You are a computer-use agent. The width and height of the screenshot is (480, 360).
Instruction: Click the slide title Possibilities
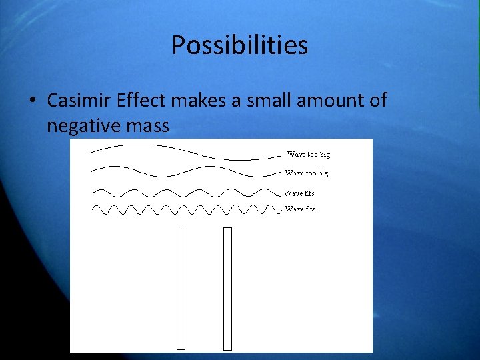click(x=239, y=45)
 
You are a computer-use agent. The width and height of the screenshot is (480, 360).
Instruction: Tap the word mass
click(x=151, y=125)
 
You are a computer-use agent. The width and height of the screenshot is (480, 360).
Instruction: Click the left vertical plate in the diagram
click(x=181, y=287)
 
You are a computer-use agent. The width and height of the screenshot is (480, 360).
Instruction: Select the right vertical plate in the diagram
click(x=227, y=288)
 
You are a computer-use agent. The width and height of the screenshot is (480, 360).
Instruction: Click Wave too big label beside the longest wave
click(x=308, y=154)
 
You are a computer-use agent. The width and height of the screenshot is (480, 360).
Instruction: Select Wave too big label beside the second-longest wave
click(x=307, y=173)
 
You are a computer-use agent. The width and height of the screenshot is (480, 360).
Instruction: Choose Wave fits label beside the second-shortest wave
click(x=299, y=193)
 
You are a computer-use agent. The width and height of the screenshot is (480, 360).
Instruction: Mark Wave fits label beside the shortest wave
click(x=300, y=209)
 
